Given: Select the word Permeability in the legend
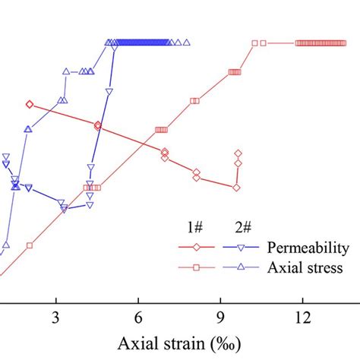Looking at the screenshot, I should click(x=308, y=248).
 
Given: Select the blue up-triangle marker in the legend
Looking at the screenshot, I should click(x=241, y=267).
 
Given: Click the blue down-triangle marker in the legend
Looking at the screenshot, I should click(x=241, y=248).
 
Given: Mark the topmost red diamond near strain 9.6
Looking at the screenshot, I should click(x=238, y=153).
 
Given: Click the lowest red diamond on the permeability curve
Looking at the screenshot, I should click(x=236, y=188).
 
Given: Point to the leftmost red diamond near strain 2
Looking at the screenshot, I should click(x=30, y=104).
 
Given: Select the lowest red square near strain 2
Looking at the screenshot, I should click(x=30, y=245).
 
